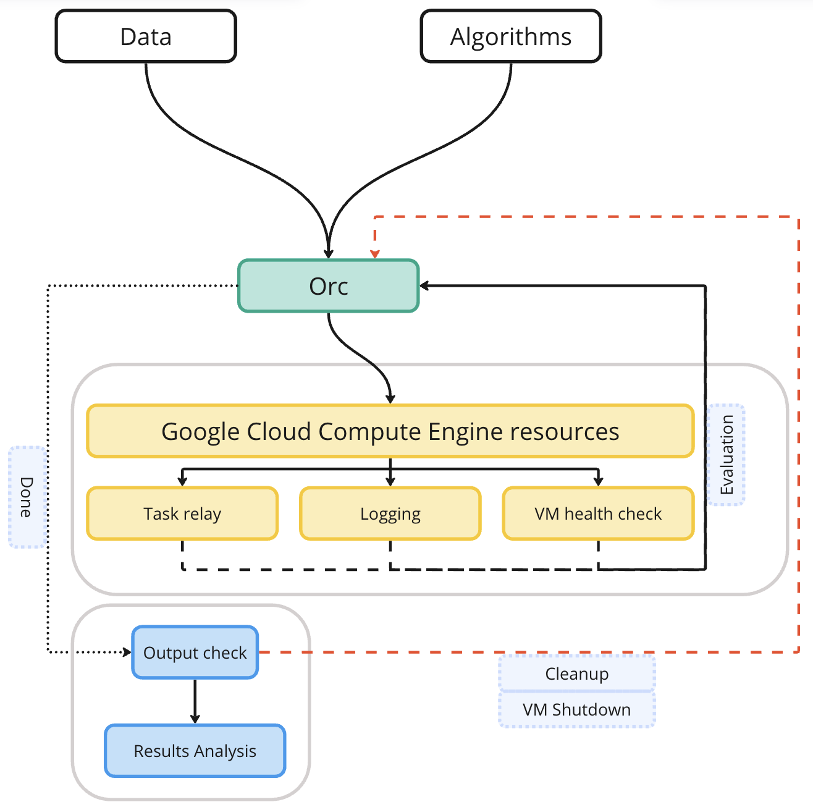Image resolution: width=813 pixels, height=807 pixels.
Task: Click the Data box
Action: tap(146, 36)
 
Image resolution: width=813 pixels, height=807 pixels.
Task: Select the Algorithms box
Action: tap(511, 36)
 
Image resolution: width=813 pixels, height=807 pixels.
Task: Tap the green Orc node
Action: tap(329, 286)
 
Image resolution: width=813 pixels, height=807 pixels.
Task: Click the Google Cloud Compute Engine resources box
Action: tap(390, 431)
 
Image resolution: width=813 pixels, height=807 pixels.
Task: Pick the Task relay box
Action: tap(182, 513)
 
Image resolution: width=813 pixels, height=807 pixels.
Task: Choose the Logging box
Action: tap(390, 513)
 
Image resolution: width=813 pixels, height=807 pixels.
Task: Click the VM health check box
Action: tap(598, 513)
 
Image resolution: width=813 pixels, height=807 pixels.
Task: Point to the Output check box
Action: tap(195, 653)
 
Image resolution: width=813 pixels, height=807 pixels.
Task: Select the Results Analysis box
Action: tap(195, 751)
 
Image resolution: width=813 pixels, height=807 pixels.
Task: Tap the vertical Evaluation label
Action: tap(727, 455)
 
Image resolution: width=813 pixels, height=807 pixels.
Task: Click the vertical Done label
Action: tap(27, 497)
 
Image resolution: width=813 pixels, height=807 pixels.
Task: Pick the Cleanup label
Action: tap(577, 674)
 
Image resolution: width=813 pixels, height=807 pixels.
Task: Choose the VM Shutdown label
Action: tap(577, 709)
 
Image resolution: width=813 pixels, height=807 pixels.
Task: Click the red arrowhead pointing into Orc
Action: tap(375, 254)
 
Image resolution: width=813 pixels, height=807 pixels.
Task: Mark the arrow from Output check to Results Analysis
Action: tap(195, 701)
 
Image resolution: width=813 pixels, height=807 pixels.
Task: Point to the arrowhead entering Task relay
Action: tap(182, 481)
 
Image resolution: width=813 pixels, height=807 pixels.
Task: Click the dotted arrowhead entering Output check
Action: tap(127, 653)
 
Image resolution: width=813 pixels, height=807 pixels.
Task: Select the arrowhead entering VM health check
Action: tap(598, 481)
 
